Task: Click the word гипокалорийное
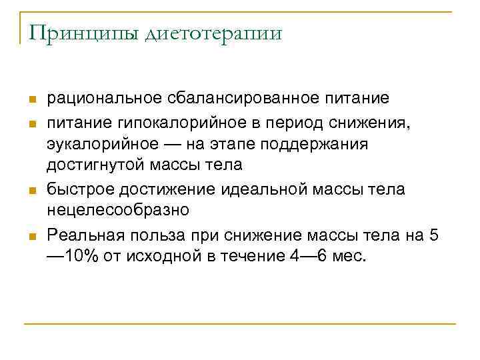pyautogui.click(x=163, y=121)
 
